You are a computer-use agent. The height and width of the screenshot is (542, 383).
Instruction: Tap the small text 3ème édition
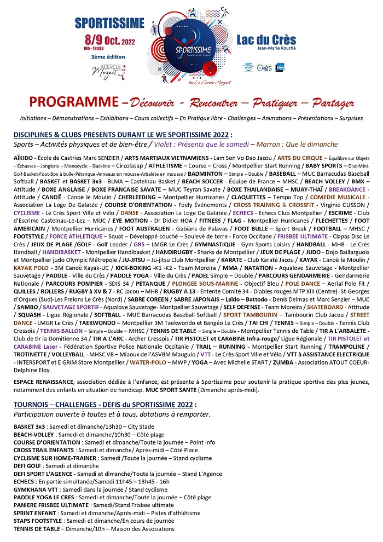pos(108,56)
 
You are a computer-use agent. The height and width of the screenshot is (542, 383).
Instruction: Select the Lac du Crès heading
pos(266,39)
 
